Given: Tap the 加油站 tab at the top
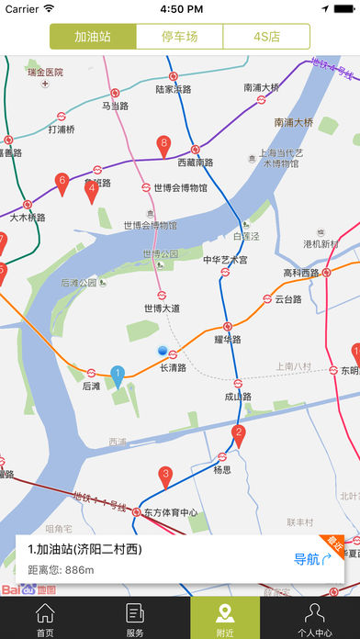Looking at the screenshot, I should point(93,38).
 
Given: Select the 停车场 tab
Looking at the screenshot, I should point(179,38).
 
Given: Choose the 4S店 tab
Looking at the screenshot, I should point(266,38).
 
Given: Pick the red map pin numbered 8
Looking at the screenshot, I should point(163,145).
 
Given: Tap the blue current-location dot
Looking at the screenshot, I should point(163,351).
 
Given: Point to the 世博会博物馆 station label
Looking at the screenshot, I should point(180,187).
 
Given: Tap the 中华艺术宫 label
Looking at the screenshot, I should point(225,260).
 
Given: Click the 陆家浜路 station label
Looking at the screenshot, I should point(174,89).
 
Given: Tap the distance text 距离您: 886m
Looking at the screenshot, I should point(61,570).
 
